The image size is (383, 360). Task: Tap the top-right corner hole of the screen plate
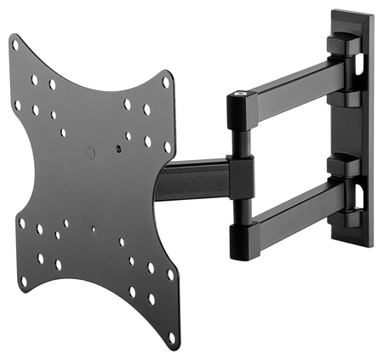pos(167,83)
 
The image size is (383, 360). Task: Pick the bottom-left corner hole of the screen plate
pos(23,280)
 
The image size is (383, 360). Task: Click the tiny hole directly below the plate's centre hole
pos(92,227)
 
